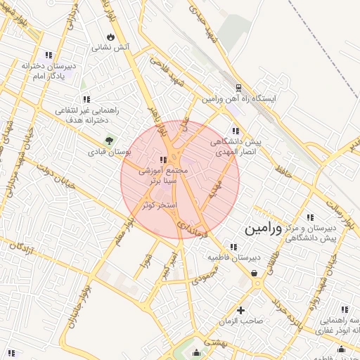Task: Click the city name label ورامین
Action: (x=264, y=229)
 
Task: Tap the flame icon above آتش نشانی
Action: (x=110, y=37)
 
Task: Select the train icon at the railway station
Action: (x=238, y=89)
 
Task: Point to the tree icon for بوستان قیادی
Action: (x=108, y=140)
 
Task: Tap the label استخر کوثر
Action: (x=158, y=205)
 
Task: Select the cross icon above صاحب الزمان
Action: (x=241, y=309)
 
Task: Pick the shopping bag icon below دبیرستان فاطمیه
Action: (x=254, y=273)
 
